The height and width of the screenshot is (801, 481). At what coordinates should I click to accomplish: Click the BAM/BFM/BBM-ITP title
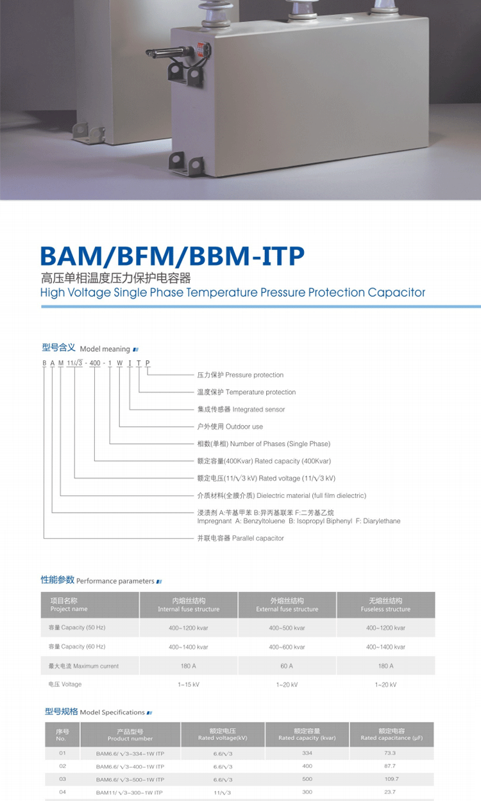coord(172,256)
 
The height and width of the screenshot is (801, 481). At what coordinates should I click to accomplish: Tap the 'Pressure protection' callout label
coord(240,375)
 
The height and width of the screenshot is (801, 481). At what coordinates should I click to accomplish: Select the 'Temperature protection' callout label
coord(246,392)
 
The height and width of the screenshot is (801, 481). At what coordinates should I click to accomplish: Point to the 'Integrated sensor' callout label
coord(240,409)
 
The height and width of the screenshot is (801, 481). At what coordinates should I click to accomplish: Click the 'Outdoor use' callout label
coord(230,427)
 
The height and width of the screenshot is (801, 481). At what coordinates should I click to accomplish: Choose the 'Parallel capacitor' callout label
coord(240,538)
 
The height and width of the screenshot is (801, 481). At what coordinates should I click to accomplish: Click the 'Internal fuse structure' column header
coord(189,605)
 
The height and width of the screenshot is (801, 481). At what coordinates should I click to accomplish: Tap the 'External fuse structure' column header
coord(287,605)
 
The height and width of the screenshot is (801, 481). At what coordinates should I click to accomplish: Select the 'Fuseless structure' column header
coord(385,605)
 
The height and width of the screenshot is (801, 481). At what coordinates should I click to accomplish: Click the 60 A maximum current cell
coord(287,666)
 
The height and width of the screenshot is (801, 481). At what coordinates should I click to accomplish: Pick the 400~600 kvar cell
coord(287,647)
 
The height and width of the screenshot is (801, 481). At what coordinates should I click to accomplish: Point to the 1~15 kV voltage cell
coord(189,685)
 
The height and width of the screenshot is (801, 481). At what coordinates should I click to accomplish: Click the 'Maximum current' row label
coord(84,666)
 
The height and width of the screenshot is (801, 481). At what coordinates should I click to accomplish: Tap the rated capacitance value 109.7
coord(391,779)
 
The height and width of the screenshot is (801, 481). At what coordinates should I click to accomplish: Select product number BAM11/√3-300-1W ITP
coord(130,793)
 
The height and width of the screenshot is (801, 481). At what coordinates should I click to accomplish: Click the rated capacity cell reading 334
coord(307,753)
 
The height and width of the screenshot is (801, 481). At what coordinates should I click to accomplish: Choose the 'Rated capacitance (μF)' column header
coord(391,734)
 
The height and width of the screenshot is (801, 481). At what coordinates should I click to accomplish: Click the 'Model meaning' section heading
coord(86,349)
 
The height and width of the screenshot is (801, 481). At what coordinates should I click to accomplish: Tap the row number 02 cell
coord(62,766)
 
